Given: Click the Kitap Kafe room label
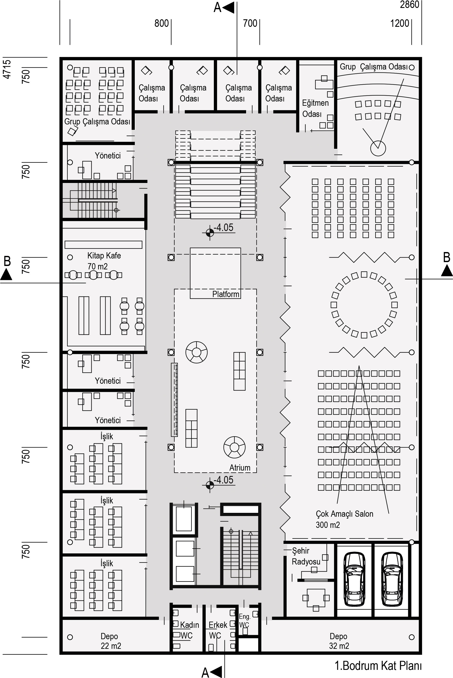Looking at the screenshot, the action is click(x=104, y=261).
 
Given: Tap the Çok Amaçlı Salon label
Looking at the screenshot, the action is click(x=344, y=519).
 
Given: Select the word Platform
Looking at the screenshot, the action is click(x=226, y=294).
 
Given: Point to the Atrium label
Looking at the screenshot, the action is click(x=240, y=468).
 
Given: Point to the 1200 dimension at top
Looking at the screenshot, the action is click(x=400, y=23).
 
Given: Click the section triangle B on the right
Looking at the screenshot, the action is click(x=447, y=271).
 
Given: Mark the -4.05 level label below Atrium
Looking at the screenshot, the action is click(x=223, y=480).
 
